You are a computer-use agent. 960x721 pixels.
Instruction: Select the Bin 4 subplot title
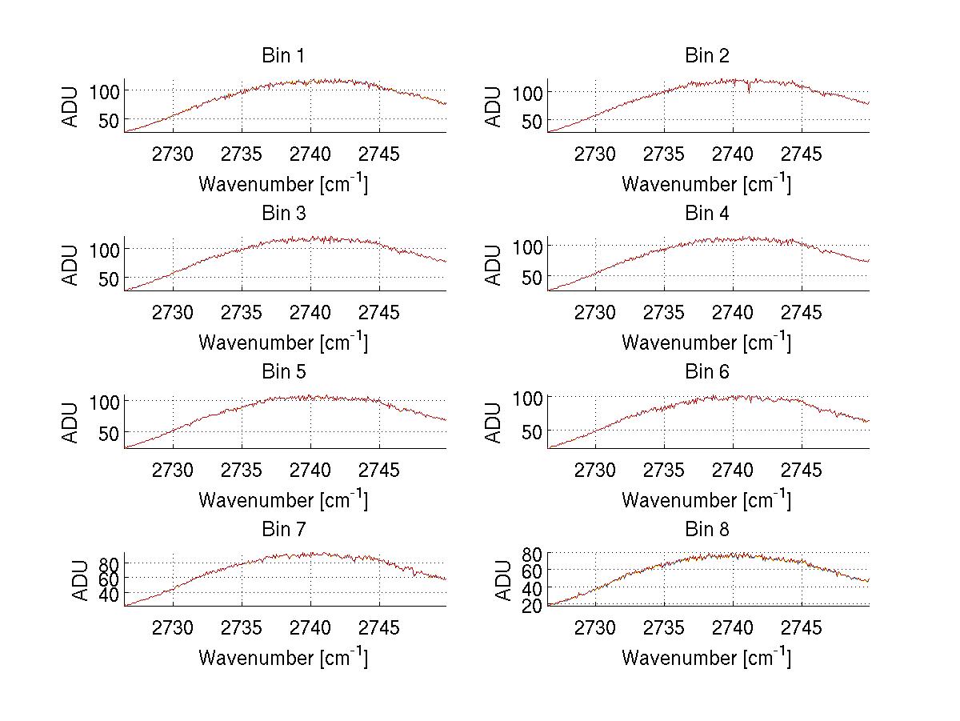click(706, 214)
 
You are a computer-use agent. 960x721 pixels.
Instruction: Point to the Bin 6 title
click(706, 372)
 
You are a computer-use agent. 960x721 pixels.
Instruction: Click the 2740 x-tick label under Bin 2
click(732, 154)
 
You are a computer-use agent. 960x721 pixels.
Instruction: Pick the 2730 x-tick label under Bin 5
click(172, 470)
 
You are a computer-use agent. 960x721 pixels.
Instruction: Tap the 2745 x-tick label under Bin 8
click(801, 628)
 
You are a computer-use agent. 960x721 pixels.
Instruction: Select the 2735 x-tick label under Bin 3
click(241, 312)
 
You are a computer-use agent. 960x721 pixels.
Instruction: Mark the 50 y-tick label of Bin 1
click(107, 120)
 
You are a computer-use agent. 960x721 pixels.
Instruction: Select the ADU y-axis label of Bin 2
click(494, 106)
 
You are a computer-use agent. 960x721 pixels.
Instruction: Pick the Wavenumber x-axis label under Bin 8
click(706, 658)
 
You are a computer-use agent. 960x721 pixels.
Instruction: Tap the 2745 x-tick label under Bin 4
click(801, 312)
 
